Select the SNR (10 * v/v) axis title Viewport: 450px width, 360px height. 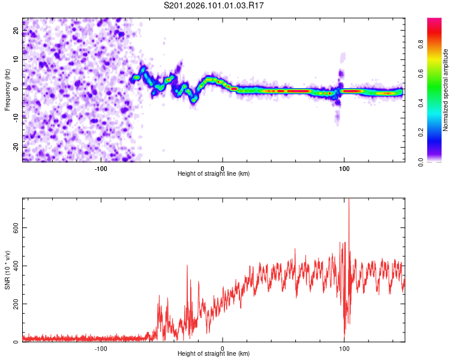7,270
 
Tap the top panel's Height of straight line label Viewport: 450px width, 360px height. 214,173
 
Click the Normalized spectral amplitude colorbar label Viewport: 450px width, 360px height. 446,90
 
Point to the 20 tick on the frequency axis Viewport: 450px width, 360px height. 16,30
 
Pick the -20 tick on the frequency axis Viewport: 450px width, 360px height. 15,147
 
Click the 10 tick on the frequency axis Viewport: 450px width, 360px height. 16,59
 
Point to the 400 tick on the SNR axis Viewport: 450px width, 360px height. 13,265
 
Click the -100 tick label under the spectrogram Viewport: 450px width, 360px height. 100,168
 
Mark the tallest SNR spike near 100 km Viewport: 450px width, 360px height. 349,201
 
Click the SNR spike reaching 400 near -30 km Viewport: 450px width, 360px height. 187,265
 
